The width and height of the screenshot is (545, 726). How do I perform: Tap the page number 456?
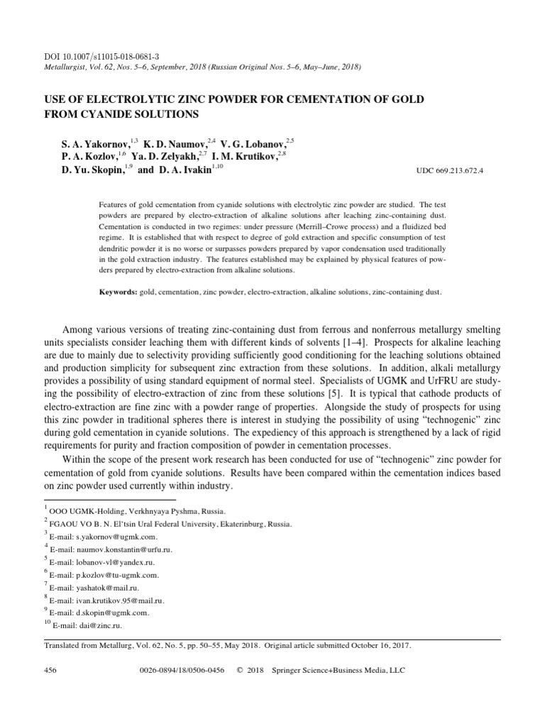coord(50,670)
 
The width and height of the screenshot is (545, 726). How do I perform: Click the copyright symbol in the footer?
coord(239,670)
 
